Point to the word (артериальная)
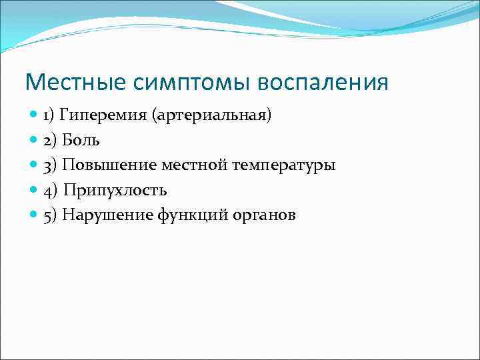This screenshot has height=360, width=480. pos(212,115)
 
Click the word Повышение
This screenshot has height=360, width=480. pos(106,165)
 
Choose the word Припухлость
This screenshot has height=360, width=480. pos(115,190)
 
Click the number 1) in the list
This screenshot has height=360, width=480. pos(49,115)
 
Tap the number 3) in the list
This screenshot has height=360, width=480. pos(51,165)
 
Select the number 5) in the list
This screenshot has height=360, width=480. pos(51,215)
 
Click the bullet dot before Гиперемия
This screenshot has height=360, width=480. pos(35,115)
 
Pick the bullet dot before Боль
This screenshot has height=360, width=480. pos(35,140)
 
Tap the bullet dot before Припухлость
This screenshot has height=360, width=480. pos(35,190)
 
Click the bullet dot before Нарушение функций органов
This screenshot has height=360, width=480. pos(35,215)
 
